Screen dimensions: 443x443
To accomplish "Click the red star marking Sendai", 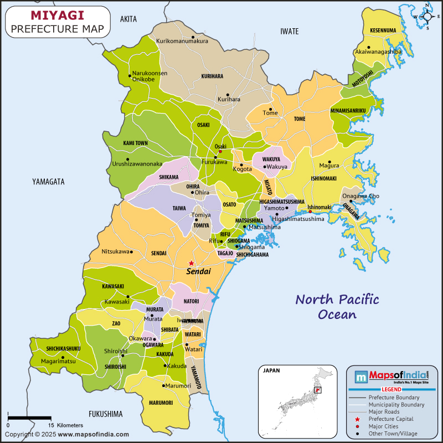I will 191,263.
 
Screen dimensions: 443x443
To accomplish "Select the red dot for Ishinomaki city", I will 310,211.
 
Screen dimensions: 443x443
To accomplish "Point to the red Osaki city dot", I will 220,151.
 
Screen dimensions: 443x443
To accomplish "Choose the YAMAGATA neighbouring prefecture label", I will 48,182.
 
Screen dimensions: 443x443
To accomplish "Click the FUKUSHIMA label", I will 105,414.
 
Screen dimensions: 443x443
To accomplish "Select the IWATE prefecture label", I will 290,30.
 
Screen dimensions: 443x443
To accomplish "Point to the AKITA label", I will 128,19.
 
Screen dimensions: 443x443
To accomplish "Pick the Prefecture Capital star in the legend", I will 358,419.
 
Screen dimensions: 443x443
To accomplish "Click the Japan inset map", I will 298,396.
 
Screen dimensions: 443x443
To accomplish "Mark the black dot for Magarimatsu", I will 63,357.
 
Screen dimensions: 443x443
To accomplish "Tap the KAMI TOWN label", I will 135,143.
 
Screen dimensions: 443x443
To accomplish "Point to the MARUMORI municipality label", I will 161,403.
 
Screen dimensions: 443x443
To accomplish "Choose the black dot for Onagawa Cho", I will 351,201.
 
